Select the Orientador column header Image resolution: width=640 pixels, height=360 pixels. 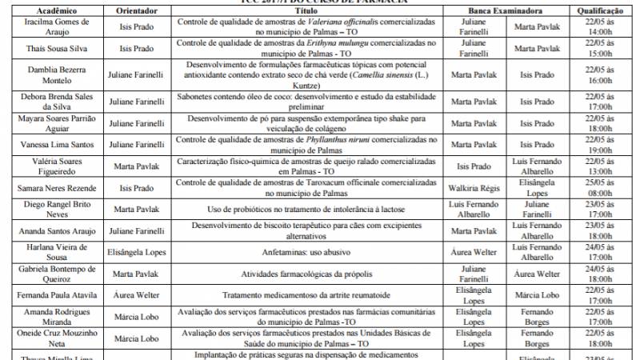[x=131, y=11]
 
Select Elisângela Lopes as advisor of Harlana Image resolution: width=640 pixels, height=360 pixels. [x=131, y=250]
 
